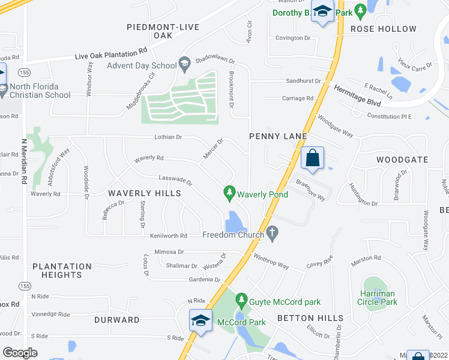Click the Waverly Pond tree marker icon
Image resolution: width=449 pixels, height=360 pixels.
coord(229,192)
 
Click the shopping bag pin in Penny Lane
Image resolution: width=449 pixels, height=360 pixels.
coord(313,160)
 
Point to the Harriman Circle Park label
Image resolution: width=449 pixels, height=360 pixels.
coord(380,298)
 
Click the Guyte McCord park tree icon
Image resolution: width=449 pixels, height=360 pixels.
coord(241,299)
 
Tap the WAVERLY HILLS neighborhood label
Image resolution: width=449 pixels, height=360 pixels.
coord(144,193)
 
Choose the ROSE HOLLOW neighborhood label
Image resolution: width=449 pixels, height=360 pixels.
coord(383,29)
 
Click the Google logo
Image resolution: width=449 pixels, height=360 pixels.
coord(20,352)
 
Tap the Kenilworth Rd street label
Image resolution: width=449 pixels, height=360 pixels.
coord(169,235)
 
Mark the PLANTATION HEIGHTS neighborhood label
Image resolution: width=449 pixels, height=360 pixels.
coord(62,271)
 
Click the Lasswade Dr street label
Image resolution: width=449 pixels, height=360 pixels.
coord(175,179)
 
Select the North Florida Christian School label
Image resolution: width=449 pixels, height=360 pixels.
coord(40,91)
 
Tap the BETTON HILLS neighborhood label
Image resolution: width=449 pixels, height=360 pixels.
coord(310,318)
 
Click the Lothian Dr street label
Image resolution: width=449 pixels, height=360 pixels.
coord(167,137)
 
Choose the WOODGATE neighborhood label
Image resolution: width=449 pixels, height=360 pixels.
coord(402,160)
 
